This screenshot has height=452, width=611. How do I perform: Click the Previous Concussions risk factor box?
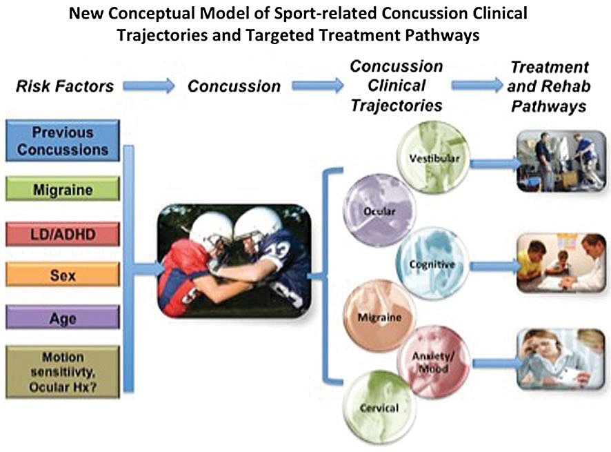[63, 141]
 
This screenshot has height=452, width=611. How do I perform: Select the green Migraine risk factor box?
[63, 189]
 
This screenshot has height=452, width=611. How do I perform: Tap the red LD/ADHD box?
[63, 234]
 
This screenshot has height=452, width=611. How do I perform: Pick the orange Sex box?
[63, 275]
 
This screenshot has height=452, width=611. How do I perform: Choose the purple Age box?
[63, 317]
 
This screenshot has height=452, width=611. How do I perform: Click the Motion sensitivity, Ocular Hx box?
[63, 372]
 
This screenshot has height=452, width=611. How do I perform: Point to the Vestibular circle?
[434, 157]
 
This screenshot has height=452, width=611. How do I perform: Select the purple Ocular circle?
[380, 210]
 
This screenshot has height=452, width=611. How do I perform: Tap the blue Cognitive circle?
[432, 264]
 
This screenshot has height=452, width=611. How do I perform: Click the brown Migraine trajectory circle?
[380, 316]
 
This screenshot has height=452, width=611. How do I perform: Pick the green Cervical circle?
[380, 407]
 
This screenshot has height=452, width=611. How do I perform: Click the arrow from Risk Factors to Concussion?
[149, 86]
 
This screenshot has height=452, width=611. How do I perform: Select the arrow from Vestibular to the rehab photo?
[495, 163]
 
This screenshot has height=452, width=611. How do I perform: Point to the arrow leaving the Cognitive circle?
[495, 266]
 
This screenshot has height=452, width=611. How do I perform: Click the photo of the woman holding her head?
[561, 359]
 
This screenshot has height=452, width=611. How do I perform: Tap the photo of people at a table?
[561, 263]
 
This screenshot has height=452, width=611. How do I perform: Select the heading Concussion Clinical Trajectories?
[397, 86]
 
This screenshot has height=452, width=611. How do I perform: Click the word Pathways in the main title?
[442, 35]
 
